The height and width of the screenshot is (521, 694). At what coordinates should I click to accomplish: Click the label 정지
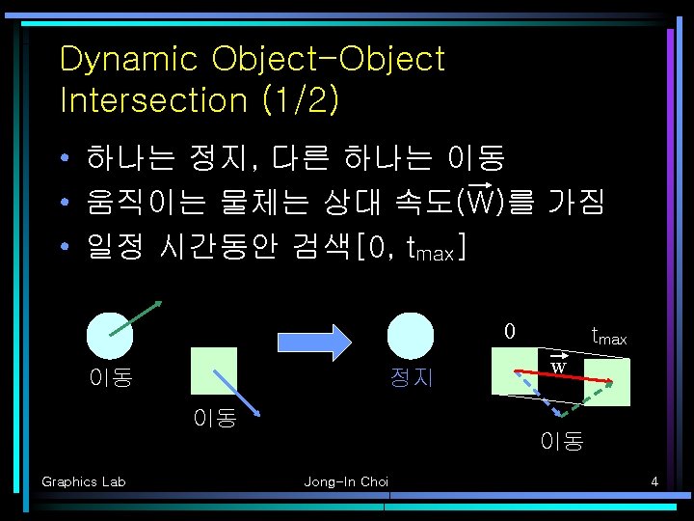pyautogui.click(x=411, y=377)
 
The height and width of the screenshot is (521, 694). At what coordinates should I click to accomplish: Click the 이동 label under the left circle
pyautogui.click(x=110, y=377)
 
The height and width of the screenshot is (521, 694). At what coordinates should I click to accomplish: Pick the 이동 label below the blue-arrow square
pyautogui.click(x=214, y=419)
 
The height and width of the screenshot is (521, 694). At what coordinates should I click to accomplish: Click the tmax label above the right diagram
pyautogui.click(x=608, y=337)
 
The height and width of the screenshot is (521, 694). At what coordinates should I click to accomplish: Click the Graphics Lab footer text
pyautogui.click(x=83, y=481)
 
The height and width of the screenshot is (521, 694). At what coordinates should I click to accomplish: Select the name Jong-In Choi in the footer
pyautogui.click(x=346, y=481)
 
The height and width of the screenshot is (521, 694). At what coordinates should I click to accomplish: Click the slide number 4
pyautogui.click(x=654, y=481)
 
